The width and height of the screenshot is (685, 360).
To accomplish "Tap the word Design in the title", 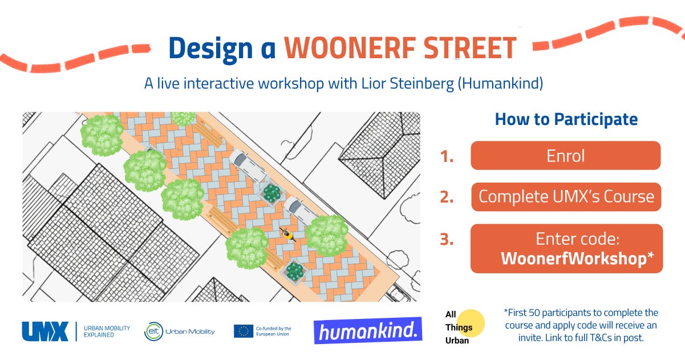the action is pos(210,49).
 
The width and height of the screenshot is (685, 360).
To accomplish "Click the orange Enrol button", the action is pos(565,155).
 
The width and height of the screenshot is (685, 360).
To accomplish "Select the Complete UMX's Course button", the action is pos(566,197).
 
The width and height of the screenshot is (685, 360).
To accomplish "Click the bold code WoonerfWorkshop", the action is pos(574,258).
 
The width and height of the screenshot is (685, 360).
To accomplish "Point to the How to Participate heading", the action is pos(566,119).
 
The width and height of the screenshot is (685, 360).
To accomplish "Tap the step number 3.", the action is pos(447,239).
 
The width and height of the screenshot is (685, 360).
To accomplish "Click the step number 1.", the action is pos(447,156).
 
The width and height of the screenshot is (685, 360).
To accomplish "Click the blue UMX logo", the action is pos(45,331).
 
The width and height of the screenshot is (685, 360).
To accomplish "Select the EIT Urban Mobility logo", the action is pos(180,331).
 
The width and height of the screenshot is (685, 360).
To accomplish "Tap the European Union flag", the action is pos(244,331).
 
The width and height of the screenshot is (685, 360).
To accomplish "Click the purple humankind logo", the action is pos(368,331).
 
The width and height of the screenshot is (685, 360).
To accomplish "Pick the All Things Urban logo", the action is pos(464,327).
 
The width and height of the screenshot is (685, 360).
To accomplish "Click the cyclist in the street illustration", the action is pos(287,234).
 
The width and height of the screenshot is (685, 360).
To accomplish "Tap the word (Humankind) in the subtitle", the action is pos(500,83).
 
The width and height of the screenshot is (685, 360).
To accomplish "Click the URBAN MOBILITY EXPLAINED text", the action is pos(107,331).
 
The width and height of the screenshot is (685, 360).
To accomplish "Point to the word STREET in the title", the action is pos(471,48).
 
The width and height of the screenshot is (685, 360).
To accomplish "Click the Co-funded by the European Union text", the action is pos(274,331).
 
